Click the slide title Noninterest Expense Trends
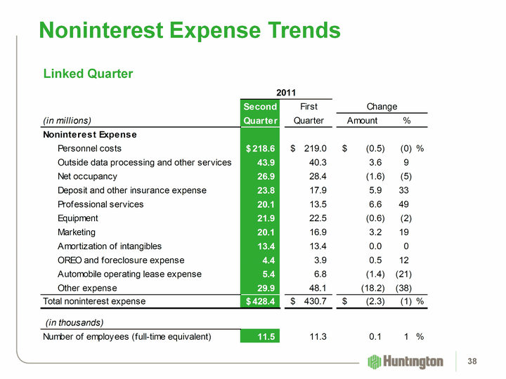click(x=190, y=30)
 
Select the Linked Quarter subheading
click(x=88, y=74)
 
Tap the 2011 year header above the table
click(x=286, y=93)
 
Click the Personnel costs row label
click(x=89, y=148)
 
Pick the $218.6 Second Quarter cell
click(x=260, y=148)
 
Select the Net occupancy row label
click(x=87, y=176)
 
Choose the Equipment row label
click(x=78, y=218)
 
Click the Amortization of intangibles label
click(x=110, y=246)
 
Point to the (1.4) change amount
click(x=372, y=274)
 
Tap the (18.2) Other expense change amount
click(x=370, y=288)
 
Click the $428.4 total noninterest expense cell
click(x=260, y=302)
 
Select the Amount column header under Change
click(x=362, y=120)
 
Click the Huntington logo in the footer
click(x=406, y=361)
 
